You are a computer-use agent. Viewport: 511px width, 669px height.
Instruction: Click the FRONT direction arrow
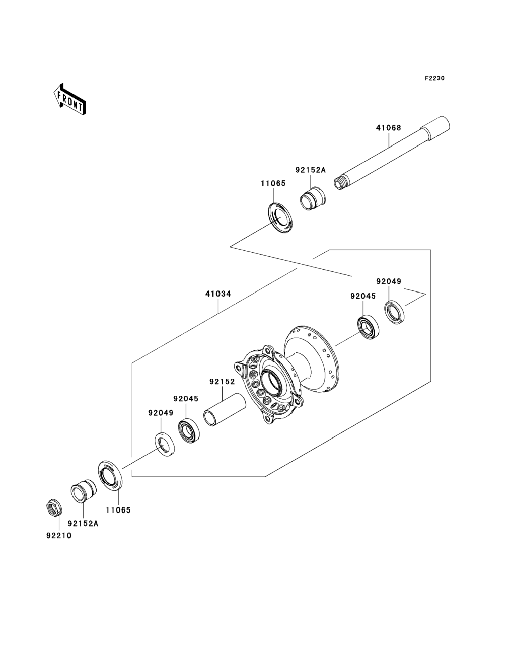pos(70,99)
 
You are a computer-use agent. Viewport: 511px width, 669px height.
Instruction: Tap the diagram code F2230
pos(435,78)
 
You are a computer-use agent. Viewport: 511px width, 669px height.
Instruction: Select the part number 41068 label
pos(388,128)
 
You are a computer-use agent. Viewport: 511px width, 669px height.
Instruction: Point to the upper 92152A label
pos(310,170)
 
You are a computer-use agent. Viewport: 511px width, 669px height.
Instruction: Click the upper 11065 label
pos(273,183)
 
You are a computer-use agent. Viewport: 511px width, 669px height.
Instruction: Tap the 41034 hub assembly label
pos(218,294)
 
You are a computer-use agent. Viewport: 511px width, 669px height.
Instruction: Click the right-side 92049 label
pos(389,281)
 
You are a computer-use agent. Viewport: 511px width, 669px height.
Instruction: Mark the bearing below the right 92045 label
pos(368,327)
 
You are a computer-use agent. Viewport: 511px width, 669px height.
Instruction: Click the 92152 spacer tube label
pos(222,382)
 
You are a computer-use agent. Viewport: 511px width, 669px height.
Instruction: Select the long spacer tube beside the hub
pos(224,410)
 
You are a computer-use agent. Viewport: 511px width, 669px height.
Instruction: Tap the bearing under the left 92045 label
pos(189,431)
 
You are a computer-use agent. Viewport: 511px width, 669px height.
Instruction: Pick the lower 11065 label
pos(118,510)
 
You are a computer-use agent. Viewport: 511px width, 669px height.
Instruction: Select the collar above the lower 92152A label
pos(84,490)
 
